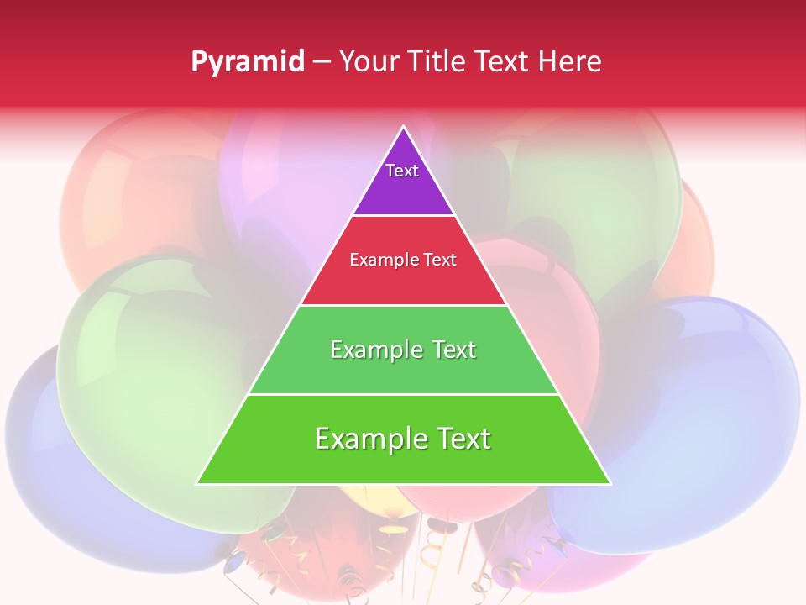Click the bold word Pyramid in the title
(x=248, y=61)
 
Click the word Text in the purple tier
(x=402, y=171)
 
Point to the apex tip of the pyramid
(x=404, y=128)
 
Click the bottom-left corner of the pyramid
(x=198, y=483)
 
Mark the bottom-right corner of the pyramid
(x=610, y=483)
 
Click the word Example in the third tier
(x=374, y=350)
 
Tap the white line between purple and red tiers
(x=403, y=216)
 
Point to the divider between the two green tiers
(x=403, y=394)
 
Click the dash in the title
(x=321, y=61)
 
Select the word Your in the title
(x=366, y=61)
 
